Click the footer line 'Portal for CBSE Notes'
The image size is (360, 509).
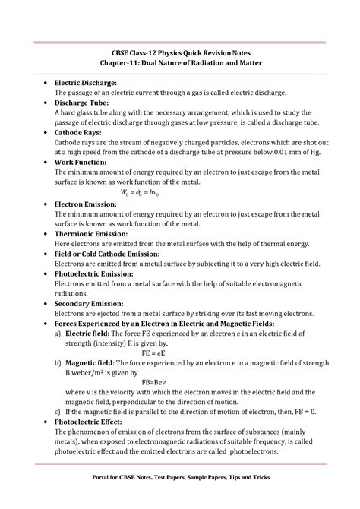point(179,478)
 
